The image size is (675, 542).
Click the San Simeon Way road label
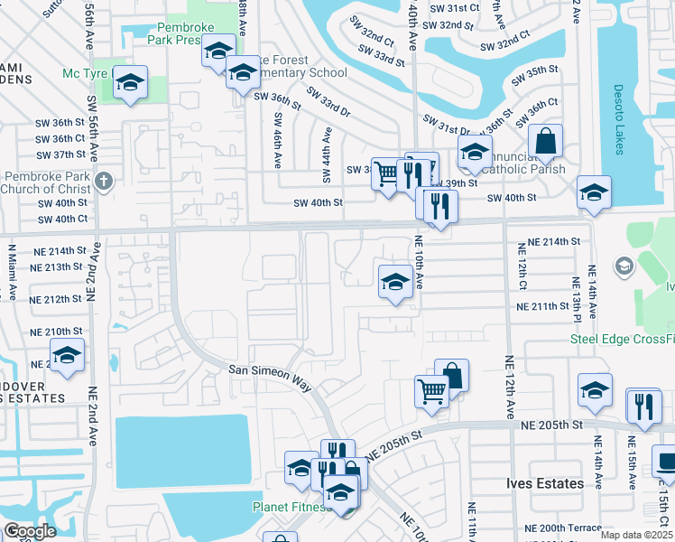click(x=268, y=377)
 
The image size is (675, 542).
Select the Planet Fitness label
click(x=291, y=507)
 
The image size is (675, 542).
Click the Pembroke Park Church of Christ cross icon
click(x=104, y=180)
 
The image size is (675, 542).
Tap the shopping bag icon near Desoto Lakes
click(x=546, y=141)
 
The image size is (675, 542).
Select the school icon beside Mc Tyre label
click(x=131, y=84)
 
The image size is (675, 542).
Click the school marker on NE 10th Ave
click(x=394, y=282)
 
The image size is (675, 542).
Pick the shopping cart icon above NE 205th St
click(x=431, y=392)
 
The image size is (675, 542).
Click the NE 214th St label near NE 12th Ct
click(x=553, y=242)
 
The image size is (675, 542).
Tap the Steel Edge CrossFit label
click(x=622, y=339)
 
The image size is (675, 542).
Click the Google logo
click(x=30, y=531)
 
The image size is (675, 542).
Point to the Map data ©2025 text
click(x=636, y=535)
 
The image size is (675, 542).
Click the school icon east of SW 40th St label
click(x=594, y=192)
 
